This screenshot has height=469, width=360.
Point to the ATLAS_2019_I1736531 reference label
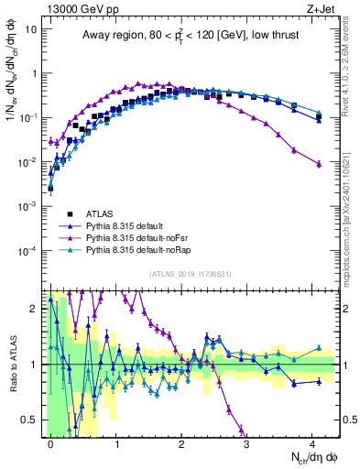point(191,273)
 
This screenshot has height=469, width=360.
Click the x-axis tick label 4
point(312,442)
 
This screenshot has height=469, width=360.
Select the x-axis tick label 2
point(181,442)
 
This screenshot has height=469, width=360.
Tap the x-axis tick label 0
point(50,442)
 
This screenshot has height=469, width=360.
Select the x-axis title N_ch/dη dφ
point(308,456)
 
